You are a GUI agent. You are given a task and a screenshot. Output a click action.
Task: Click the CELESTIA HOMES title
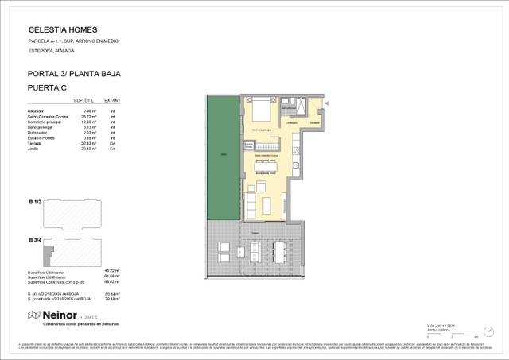pyautogui.click(x=57, y=29)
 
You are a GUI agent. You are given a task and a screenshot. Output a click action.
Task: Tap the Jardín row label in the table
pyautogui.click(x=33, y=149)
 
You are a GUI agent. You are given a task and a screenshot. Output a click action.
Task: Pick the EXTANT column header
pyautogui.click(x=113, y=100)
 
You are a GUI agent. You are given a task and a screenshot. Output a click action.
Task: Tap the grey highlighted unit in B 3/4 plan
pyautogui.click(x=49, y=253)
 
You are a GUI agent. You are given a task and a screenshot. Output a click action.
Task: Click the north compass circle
pyautogui.click(x=488, y=331)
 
